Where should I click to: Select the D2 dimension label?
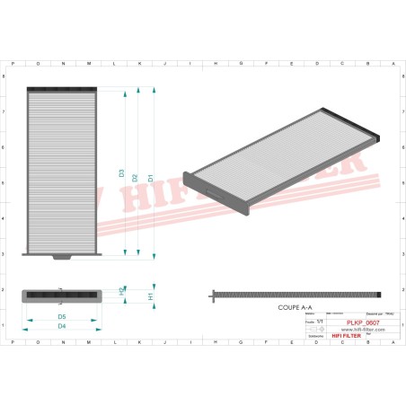click(135, 178)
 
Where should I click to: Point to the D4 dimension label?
click(61, 326)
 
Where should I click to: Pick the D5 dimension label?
click(61, 317)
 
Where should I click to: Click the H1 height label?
click(151, 296)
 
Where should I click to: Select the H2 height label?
click(122, 292)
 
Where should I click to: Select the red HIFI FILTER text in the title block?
click(347, 336)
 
